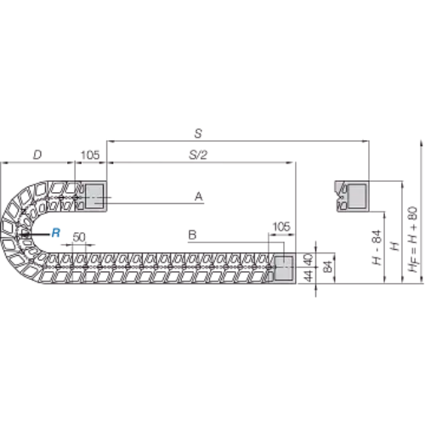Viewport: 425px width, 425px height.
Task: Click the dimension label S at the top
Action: point(198,133)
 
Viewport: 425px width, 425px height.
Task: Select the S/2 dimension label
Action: point(198,155)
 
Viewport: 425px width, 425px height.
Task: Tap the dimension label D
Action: point(37,155)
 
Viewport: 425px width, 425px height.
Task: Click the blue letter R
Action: point(56,233)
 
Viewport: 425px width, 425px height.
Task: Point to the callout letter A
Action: point(199,196)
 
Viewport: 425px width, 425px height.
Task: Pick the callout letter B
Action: point(192,235)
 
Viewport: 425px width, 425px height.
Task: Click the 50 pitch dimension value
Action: point(79,237)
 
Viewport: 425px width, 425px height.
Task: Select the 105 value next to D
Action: point(90,155)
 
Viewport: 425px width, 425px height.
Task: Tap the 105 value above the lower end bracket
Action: point(281,227)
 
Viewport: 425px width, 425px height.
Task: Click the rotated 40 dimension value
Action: point(309,259)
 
